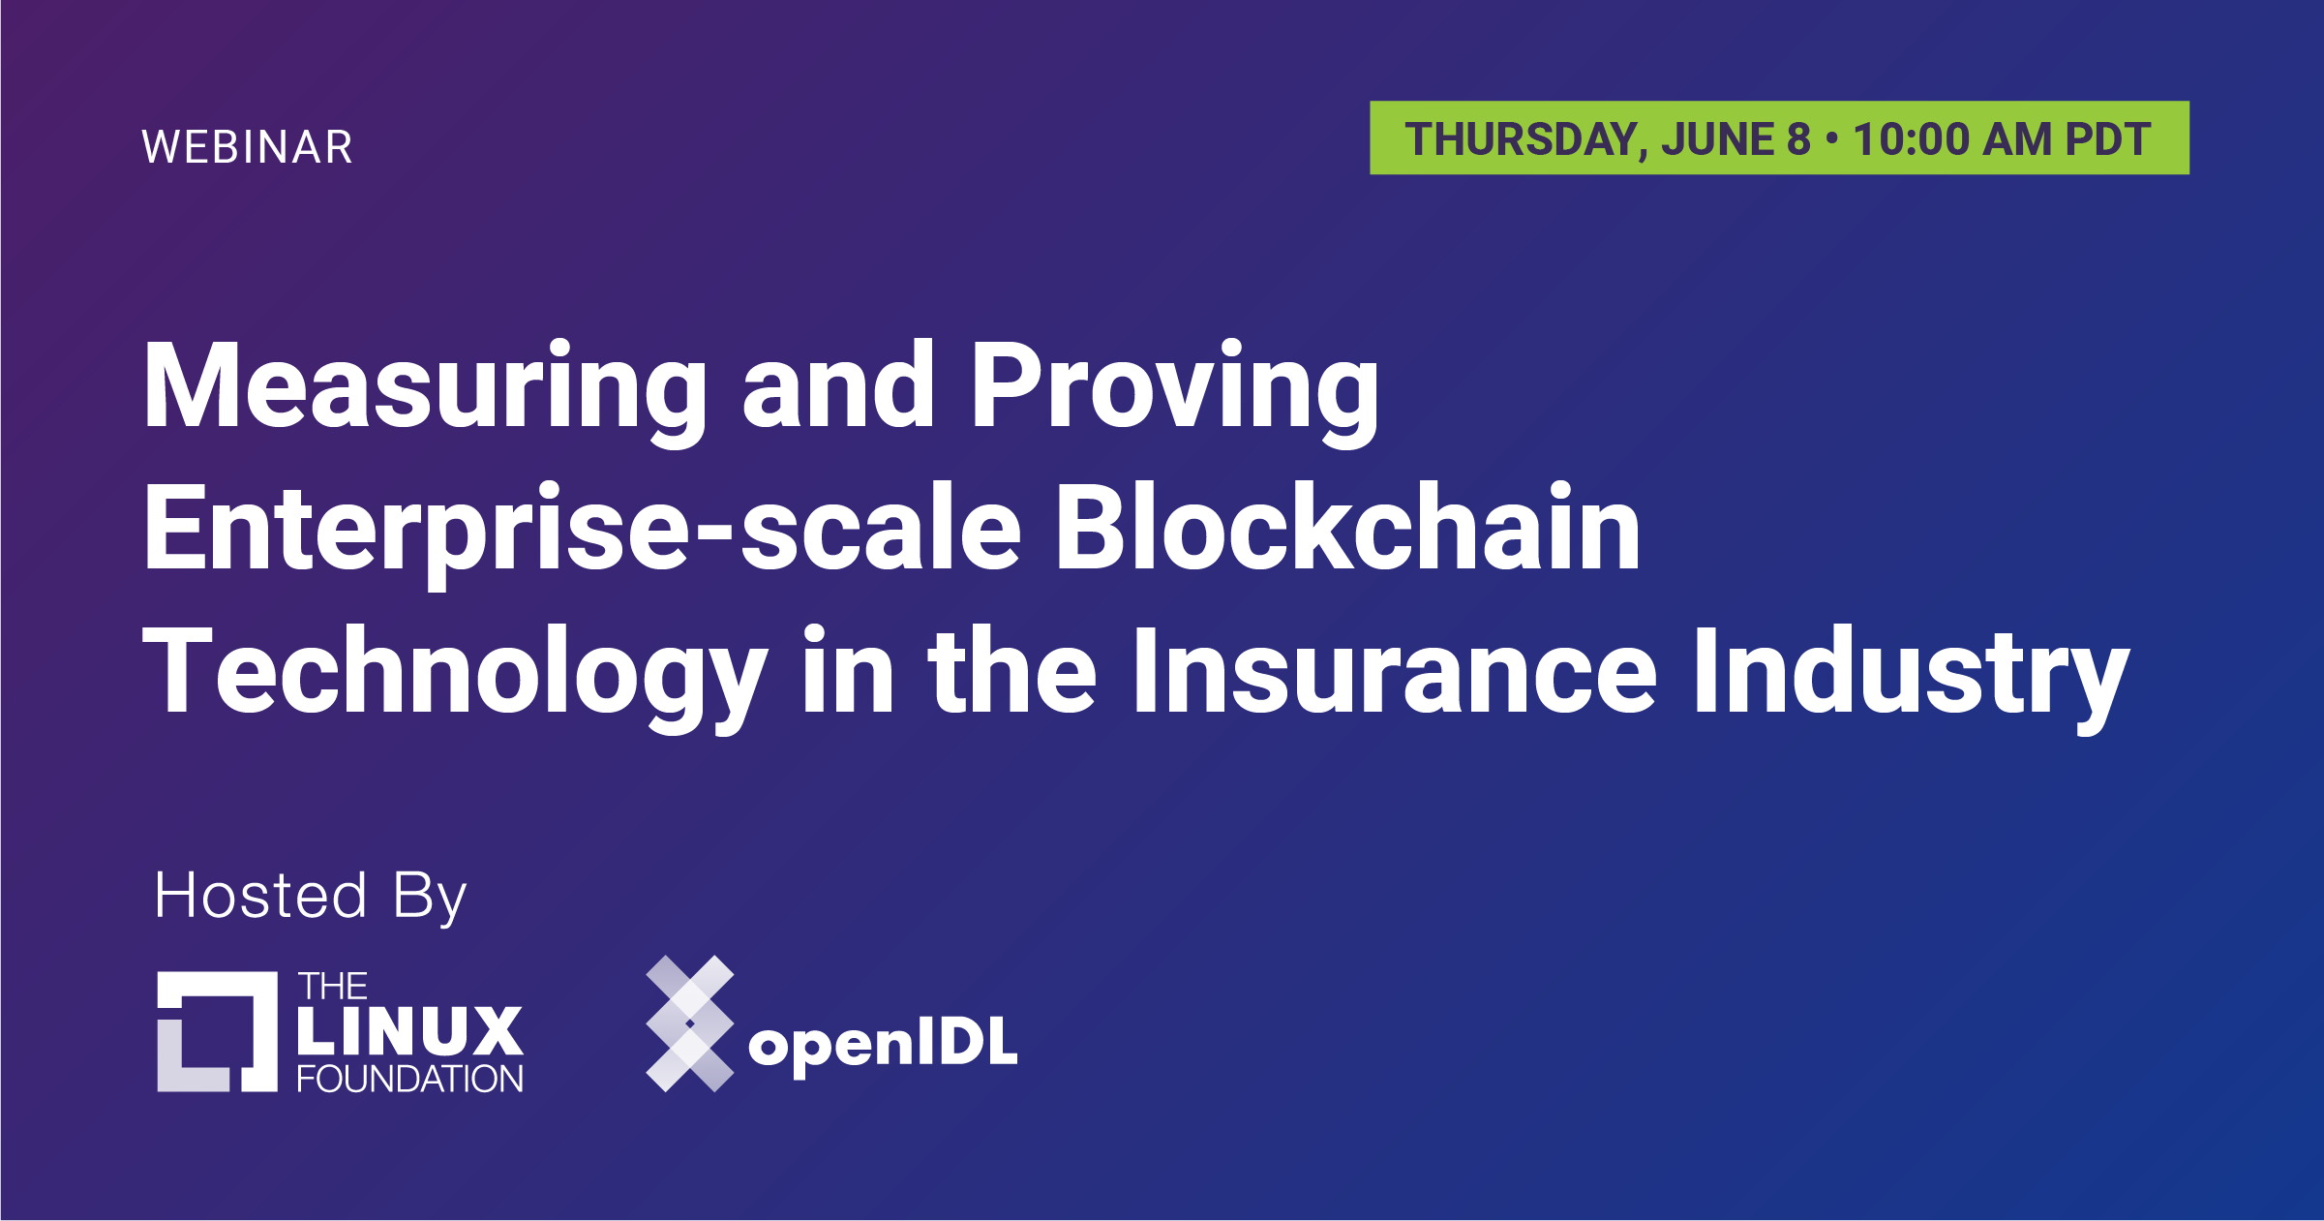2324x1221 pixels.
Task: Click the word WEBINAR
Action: coord(248,147)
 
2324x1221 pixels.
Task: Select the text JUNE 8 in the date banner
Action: coord(1735,139)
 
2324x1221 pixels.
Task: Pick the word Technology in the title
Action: coord(455,675)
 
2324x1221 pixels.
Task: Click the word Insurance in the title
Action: coord(1395,670)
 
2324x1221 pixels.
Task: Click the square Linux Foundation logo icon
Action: coord(218,1032)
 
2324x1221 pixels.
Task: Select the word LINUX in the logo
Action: coord(409,1030)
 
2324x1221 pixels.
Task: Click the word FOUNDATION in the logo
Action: coord(409,1079)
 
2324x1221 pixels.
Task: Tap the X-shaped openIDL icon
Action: coord(690,1023)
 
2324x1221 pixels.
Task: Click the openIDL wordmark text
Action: coord(884,1047)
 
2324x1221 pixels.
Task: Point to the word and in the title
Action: coord(838,384)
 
